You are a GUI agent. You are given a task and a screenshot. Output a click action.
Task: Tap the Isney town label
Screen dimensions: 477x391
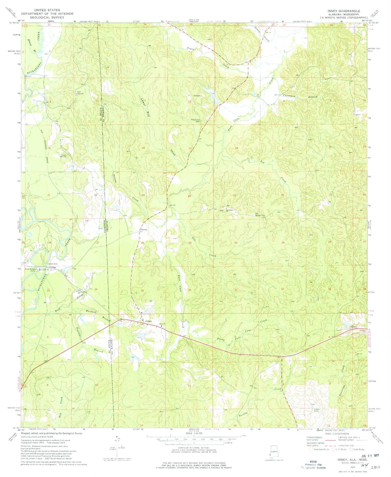click(x=149, y=321)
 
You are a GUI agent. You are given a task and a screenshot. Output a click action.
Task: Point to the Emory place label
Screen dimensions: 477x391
click(x=144, y=230)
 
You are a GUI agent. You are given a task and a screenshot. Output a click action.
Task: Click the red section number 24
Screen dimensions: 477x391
click(x=189, y=196)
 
